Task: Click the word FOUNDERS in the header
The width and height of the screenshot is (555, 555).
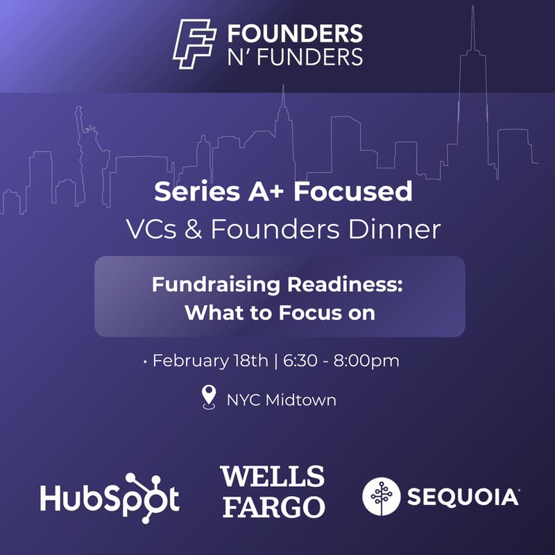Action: pos(295,34)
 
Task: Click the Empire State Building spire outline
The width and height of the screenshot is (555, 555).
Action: pos(282,111)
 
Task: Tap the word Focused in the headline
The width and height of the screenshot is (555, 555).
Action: pos(353,192)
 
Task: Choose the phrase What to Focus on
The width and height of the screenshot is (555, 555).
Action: pos(280,312)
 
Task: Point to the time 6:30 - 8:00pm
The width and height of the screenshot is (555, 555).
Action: pos(341,361)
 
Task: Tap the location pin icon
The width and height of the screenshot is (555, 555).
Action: pos(208,399)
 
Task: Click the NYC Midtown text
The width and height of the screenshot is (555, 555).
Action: pos(281,400)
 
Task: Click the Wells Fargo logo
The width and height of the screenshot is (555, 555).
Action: pos(272,492)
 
